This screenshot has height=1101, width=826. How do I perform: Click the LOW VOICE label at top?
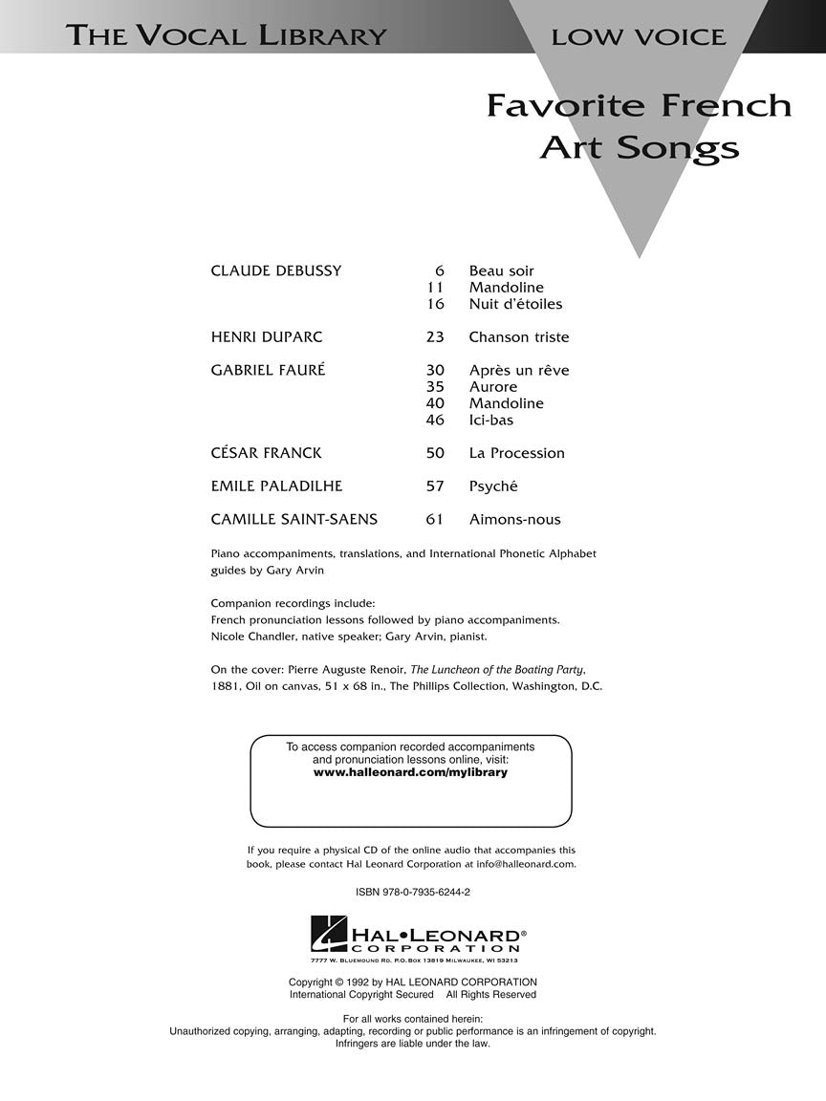pyautogui.click(x=638, y=37)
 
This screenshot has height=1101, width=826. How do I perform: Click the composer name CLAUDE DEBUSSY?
pyautogui.click(x=275, y=270)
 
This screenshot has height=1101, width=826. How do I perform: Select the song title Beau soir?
pyautogui.click(x=501, y=270)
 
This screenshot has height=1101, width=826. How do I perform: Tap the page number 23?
pyautogui.click(x=435, y=336)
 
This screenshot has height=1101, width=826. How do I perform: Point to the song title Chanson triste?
pyautogui.click(x=518, y=336)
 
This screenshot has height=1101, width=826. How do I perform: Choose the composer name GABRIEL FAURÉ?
pyautogui.click(x=268, y=370)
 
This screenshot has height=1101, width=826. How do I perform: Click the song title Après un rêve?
pyautogui.click(x=518, y=370)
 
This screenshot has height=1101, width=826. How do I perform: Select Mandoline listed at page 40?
pyautogui.click(x=506, y=403)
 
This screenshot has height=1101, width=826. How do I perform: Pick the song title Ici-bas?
pyautogui.click(x=490, y=420)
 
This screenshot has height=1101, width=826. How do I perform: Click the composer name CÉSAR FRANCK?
pyautogui.click(x=266, y=453)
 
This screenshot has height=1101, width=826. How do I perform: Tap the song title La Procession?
pyautogui.click(x=516, y=453)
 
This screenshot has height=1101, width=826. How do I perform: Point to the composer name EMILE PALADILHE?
pyautogui.click(x=276, y=486)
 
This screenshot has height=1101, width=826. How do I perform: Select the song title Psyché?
pyautogui.click(x=492, y=486)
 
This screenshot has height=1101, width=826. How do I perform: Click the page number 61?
pyautogui.click(x=435, y=520)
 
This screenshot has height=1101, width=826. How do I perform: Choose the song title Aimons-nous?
pyautogui.click(x=514, y=520)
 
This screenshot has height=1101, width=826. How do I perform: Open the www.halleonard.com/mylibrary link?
pyautogui.click(x=410, y=772)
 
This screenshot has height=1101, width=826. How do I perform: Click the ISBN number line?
pyautogui.click(x=412, y=892)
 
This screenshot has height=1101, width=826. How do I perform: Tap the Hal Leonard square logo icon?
pyautogui.click(x=329, y=934)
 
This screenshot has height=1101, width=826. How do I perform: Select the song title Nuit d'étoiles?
pyautogui.click(x=515, y=304)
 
